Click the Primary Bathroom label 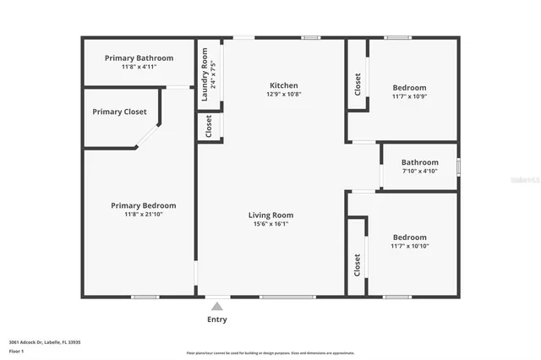pyautogui.click(x=139, y=57)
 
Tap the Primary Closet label pyautogui.click(x=119, y=112)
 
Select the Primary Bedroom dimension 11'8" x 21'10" pyautogui.click(x=143, y=215)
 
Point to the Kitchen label pyautogui.click(x=283, y=85)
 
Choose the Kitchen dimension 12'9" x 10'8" pyautogui.click(x=283, y=94)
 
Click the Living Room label pyautogui.click(x=270, y=215)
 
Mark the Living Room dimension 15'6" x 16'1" pyautogui.click(x=270, y=224)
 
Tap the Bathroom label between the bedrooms pyautogui.click(x=419, y=162)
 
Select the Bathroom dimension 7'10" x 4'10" pyautogui.click(x=419, y=172)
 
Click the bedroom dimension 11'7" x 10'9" pyautogui.click(x=409, y=96)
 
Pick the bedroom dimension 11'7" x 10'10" pyautogui.click(x=409, y=246)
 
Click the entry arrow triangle pyautogui.click(x=217, y=307)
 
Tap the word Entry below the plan pyautogui.click(x=217, y=319)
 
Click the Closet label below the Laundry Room pyautogui.click(x=209, y=127)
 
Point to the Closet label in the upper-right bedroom pyautogui.click(x=358, y=83)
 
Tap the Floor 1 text pyautogui.click(x=16, y=350)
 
